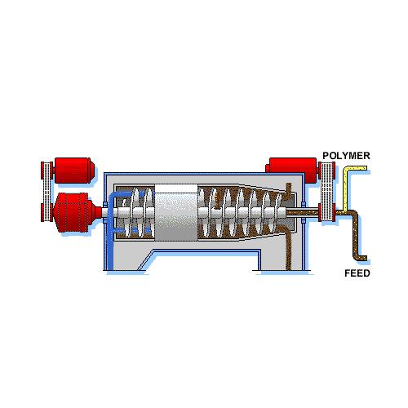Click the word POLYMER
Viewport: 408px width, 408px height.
point(346,156)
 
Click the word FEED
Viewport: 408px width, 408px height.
point(357,273)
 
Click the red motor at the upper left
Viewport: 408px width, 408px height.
point(74,171)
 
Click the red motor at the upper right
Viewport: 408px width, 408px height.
point(292,168)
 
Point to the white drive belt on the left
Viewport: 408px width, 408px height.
point(47,191)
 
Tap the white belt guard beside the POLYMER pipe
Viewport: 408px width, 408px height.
point(327,192)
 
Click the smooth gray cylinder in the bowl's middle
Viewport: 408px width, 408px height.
point(176,212)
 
